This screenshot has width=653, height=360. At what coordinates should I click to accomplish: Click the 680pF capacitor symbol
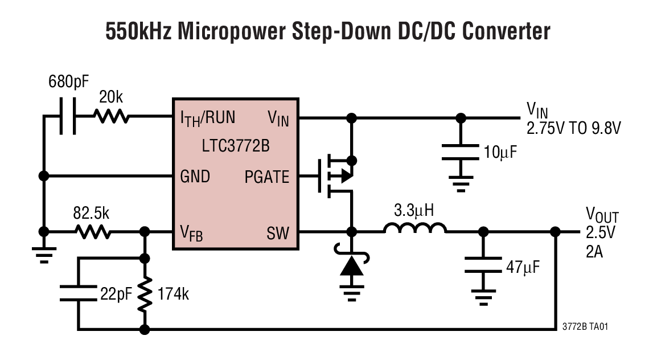pos(68,118)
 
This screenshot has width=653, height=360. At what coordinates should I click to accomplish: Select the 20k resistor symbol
pos(111,117)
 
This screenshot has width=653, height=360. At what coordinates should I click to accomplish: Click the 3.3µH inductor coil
pos(414,229)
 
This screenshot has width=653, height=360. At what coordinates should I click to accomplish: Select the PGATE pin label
pos(266,177)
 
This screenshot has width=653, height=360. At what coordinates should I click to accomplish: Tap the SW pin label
pos(278,232)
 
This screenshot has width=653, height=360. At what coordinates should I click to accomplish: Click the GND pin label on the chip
pos(195,177)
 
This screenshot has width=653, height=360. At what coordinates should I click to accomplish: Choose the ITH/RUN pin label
pos(207,118)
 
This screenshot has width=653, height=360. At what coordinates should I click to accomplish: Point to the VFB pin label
pos(191,233)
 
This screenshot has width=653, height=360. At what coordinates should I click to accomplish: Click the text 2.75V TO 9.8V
pos(573,129)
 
